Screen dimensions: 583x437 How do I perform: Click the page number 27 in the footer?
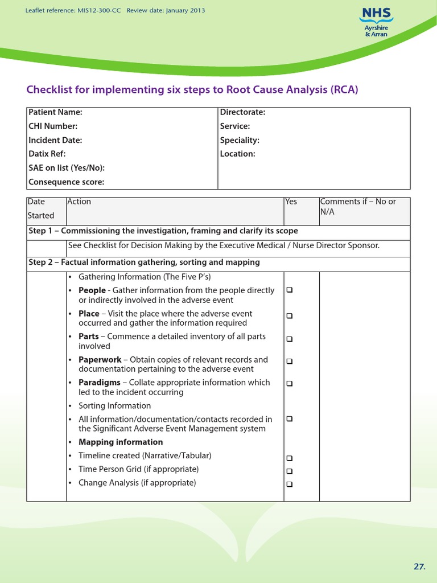[419, 566]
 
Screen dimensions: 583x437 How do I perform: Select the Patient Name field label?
[55, 113]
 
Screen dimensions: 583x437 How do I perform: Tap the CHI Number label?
[53, 126]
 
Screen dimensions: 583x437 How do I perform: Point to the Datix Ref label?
[47, 154]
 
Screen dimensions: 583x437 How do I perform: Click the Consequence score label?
[67, 182]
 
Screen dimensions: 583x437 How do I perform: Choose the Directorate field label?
[242, 113]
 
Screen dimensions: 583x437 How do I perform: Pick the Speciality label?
[240, 140]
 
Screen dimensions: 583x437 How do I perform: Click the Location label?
[237, 154]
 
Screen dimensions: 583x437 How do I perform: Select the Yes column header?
[291, 202]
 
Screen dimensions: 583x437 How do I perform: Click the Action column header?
[79, 202]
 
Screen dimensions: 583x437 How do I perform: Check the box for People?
[290, 290]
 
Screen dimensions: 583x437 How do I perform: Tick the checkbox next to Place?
[290, 315]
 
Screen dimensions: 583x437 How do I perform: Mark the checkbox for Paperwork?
[290, 361]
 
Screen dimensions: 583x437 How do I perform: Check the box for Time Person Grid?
[290, 471]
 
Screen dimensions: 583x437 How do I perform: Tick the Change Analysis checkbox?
[290, 485]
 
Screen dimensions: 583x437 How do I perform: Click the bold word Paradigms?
[99, 383]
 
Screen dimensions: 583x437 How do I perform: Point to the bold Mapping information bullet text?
[121, 442]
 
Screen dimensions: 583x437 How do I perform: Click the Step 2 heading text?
[144, 262]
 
